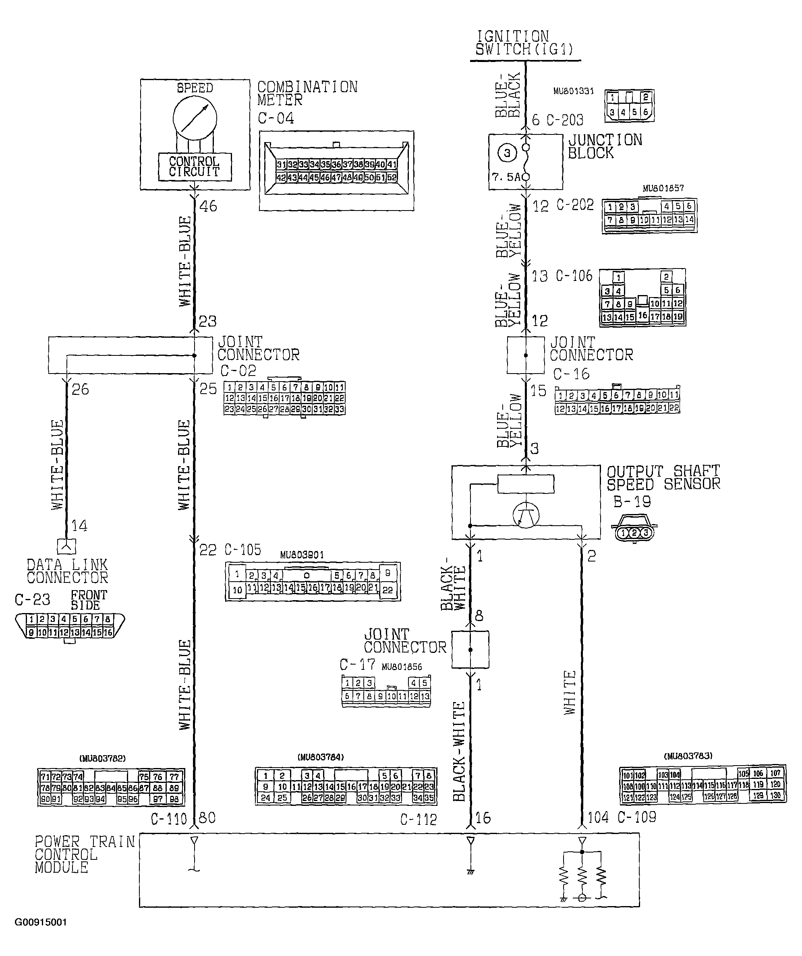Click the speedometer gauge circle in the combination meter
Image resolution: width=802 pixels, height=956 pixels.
tap(195, 119)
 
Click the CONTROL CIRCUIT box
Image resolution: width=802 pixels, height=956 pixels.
tap(195, 167)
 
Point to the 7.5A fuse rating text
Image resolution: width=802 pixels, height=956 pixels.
tap(506, 177)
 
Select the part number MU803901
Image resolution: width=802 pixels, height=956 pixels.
tap(302, 555)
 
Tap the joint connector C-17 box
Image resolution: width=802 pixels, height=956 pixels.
tap(470, 650)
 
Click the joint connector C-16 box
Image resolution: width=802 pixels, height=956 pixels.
tap(525, 355)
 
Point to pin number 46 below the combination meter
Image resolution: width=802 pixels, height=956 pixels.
tap(208, 206)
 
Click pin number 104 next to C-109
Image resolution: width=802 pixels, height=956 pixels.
tap(598, 818)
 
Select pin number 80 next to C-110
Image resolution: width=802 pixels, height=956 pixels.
tap(207, 818)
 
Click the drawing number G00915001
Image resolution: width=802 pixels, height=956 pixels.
tap(41, 922)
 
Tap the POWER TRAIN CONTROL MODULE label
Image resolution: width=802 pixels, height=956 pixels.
tap(84, 855)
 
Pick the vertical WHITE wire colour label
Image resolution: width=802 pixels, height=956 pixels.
tap(570, 692)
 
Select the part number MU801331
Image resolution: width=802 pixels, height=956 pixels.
tap(573, 91)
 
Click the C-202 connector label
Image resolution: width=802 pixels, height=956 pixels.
tap(575, 205)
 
